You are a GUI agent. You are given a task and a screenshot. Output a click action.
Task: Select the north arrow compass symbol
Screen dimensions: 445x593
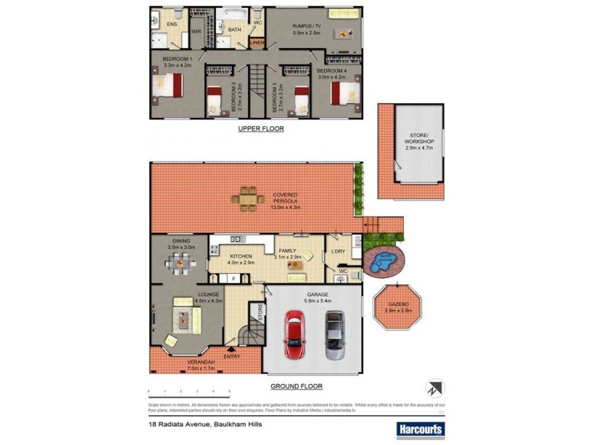pyautogui.click(x=434, y=388)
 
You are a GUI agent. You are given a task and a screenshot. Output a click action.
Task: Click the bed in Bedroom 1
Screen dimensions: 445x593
pyautogui.click(x=168, y=88)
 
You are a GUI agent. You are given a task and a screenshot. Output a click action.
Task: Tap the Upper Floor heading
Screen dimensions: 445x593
pyautogui.click(x=260, y=128)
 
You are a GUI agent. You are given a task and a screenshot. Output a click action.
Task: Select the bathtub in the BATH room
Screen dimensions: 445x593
pyautogui.click(x=235, y=15)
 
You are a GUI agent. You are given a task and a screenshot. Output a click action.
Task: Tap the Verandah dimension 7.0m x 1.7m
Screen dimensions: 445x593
pyautogui.click(x=180, y=367)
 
